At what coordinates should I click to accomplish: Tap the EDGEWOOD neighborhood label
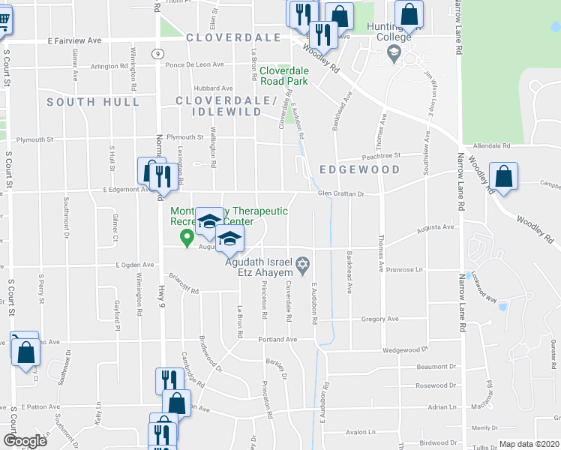[359, 169]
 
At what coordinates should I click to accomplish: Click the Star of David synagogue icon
[302, 262]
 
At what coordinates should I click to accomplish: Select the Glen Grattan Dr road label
[340, 193]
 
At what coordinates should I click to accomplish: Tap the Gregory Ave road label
[379, 319]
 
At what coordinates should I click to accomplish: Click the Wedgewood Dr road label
[404, 349]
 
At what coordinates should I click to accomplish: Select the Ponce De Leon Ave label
[195, 64]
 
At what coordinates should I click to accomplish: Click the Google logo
[24, 441]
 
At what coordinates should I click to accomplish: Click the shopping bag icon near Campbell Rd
[504, 177]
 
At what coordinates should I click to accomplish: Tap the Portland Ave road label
[278, 339]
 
